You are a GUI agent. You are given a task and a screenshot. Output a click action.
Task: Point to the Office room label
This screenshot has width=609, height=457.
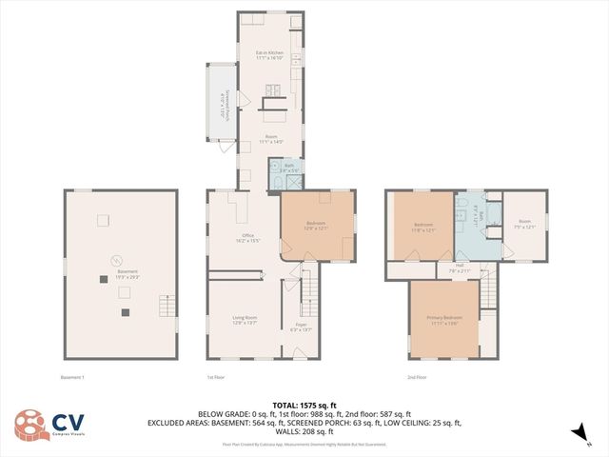coord(247,238)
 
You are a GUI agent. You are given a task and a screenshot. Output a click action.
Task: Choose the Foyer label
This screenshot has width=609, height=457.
coord(300,328)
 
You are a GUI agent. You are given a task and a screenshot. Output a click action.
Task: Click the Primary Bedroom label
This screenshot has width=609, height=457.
coord(444,319)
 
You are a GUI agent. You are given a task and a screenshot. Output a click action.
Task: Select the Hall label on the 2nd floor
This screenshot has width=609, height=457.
coord(461,268)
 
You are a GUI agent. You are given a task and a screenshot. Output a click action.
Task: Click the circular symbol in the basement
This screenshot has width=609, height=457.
coord(117,260)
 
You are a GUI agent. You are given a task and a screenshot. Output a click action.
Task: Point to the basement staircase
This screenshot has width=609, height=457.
coord(167,306)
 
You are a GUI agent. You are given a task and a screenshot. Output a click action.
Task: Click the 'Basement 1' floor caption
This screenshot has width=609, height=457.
coord(71,377)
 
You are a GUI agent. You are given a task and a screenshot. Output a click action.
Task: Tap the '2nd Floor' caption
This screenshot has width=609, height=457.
coord(417,377)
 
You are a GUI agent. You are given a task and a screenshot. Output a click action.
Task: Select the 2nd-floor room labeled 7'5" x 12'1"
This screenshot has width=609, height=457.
coord(523,224)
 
